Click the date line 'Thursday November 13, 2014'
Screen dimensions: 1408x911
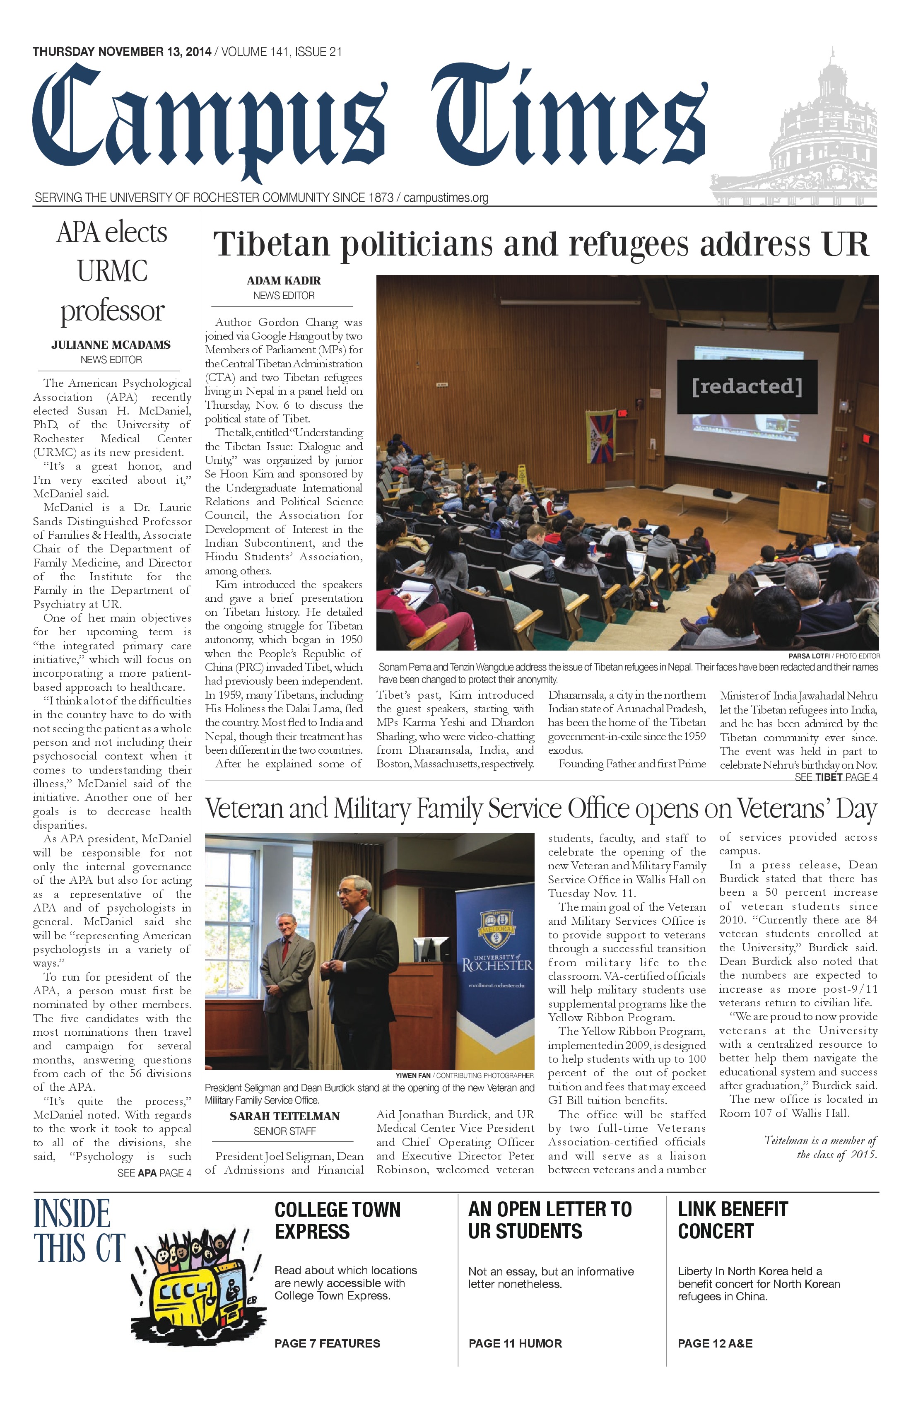tap(122, 52)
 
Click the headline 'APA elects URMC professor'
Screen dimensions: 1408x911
tap(112, 272)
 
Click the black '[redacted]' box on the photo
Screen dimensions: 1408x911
tap(747, 387)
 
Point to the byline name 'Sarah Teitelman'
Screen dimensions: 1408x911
tap(284, 1116)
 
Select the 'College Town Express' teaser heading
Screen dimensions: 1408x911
tap(337, 1220)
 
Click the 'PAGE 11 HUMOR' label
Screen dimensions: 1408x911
tap(515, 1343)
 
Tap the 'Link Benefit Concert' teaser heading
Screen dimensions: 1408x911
tap(733, 1220)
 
